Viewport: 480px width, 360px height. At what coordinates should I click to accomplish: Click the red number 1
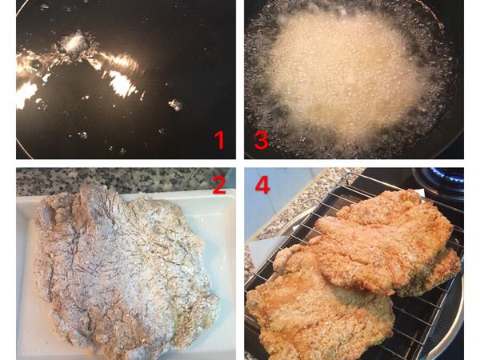click(219, 141)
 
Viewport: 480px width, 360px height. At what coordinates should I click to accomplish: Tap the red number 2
click(219, 186)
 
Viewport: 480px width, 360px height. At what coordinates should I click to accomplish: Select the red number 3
click(261, 141)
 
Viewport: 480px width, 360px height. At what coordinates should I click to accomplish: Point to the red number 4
click(262, 186)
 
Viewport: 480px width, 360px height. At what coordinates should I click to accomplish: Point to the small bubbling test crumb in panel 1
click(76, 42)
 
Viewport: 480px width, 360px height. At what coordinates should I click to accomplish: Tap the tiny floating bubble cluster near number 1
click(174, 104)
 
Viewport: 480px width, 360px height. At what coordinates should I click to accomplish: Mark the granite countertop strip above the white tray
click(120, 178)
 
